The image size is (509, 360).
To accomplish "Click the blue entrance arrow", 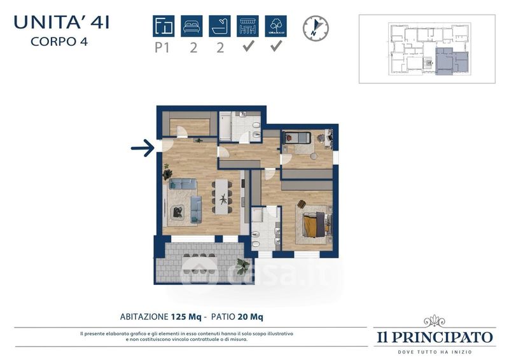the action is click(x=143, y=148).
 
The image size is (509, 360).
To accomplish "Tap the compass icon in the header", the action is click(x=316, y=29).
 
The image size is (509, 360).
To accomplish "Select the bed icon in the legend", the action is click(x=192, y=26).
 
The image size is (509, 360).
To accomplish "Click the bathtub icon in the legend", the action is click(x=220, y=26).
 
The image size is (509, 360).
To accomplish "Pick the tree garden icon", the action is click(x=276, y=26).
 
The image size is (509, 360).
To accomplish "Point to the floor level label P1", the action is click(x=162, y=48).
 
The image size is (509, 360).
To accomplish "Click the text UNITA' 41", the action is click(x=62, y=23).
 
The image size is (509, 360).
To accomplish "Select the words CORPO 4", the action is click(x=59, y=41).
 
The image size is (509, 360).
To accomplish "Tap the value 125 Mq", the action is click(x=186, y=317).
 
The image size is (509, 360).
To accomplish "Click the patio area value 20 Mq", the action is click(x=250, y=317).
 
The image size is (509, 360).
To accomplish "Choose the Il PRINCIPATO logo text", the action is click(x=435, y=337).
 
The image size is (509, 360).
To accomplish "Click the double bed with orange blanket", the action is click(x=315, y=225).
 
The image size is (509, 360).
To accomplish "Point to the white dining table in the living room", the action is click(x=222, y=197).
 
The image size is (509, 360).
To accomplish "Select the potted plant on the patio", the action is click(x=243, y=266).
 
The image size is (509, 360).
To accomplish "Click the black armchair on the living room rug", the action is click(x=178, y=212).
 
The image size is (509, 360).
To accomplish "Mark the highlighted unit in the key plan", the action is click(x=452, y=61).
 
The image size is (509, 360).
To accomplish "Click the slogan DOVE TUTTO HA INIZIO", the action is click(x=435, y=352).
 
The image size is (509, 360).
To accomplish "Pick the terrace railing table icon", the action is click(x=248, y=26).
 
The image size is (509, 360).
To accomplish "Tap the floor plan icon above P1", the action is click(x=164, y=26).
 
